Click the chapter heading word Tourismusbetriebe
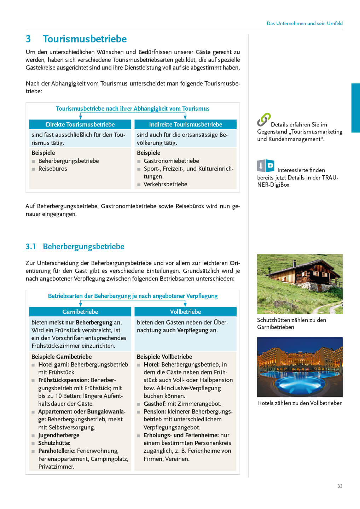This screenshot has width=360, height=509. tap(85, 39)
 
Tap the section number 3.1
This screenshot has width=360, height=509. tap(31, 246)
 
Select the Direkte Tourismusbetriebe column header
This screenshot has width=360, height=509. tap(80, 124)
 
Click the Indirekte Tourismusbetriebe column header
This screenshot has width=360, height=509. tap(185, 124)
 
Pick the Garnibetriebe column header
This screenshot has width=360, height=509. tap(80, 312)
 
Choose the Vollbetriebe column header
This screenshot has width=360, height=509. tap(185, 312)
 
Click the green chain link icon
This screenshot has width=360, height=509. tap(264, 119)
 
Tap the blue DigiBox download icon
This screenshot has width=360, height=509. tap(266, 166)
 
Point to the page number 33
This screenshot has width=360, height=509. tap(340, 486)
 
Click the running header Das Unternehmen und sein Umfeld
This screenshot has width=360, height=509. tap(304, 23)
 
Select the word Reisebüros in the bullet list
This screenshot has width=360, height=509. tap(53, 169)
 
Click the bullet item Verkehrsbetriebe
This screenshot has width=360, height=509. tap(165, 184)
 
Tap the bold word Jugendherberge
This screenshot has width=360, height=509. tap(59, 435)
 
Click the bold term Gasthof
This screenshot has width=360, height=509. tap(155, 404)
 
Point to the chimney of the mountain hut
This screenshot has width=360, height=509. tap(294, 264)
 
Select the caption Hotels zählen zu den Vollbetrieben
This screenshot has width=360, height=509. tap(300, 403)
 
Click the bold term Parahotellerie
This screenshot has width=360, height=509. tap(57, 451)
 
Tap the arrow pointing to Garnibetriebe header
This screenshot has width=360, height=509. tap(81, 304)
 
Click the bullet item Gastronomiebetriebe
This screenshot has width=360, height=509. tap(171, 161)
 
